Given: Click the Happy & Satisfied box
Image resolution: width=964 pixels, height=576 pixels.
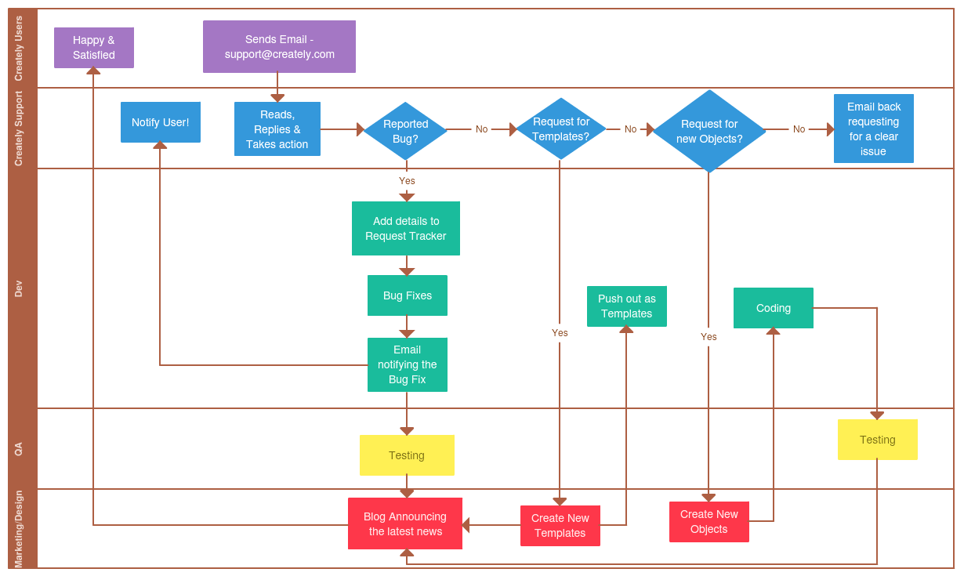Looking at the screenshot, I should (x=94, y=48).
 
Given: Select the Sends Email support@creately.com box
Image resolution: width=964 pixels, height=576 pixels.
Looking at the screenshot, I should (x=279, y=47).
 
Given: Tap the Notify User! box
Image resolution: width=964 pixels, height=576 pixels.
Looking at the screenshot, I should (x=161, y=122).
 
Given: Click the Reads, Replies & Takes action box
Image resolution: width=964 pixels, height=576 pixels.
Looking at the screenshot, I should (x=277, y=129).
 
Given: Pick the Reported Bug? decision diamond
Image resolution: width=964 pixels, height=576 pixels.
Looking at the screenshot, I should (x=405, y=131).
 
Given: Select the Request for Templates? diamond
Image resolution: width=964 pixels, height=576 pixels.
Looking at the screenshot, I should (x=560, y=129).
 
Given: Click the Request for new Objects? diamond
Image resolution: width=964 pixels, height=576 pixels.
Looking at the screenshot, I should (x=709, y=131).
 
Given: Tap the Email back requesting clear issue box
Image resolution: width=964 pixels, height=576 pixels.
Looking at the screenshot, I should (x=873, y=129).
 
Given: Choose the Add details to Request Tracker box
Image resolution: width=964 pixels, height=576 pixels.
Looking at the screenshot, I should (x=406, y=228).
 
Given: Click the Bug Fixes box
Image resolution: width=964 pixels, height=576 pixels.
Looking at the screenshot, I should (x=408, y=295).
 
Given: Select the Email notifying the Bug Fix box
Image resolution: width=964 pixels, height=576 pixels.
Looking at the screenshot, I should (x=408, y=364).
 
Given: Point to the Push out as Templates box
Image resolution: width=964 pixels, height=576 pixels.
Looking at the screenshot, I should (x=627, y=306).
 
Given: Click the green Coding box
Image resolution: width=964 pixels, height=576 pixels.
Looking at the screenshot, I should (x=774, y=308).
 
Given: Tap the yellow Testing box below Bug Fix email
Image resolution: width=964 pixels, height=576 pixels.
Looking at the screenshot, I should (x=407, y=455).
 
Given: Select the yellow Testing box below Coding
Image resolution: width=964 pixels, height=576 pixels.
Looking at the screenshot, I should (x=877, y=440).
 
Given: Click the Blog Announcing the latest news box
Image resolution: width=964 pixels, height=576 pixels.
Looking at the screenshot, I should (x=405, y=523).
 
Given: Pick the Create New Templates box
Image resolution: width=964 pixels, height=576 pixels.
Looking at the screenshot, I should (x=560, y=526).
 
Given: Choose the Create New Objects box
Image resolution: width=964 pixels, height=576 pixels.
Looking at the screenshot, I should (x=709, y=522).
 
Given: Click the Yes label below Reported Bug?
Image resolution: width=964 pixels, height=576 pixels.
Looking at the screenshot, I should (x=407, y=181).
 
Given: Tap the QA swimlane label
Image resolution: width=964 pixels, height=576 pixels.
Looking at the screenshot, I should (x=19, y=449).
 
